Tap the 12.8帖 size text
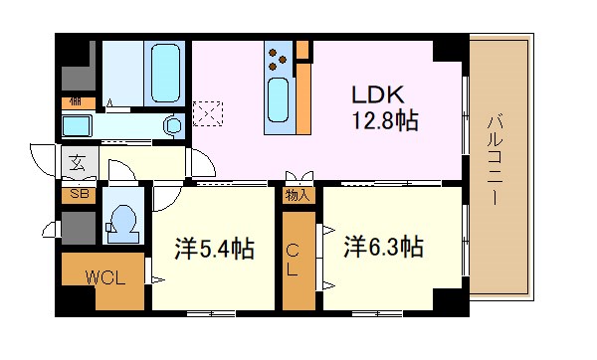383,122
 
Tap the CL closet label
295,261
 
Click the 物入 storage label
297,195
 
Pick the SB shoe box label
77,195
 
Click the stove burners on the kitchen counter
280,58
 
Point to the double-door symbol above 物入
296,177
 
